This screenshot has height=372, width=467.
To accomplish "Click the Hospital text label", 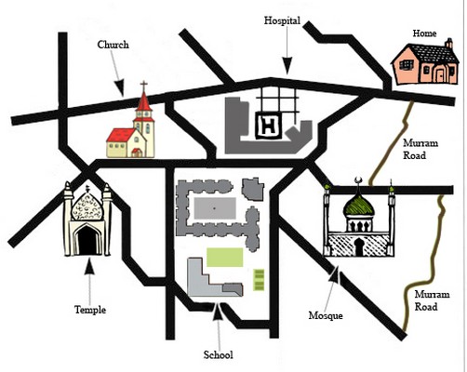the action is point(282,20).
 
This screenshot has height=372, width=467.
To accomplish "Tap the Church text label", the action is point(113,45).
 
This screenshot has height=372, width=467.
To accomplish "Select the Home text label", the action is point(424,33).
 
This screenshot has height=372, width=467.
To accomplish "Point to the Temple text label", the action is point(90,310).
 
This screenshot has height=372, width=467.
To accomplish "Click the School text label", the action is point(218,354).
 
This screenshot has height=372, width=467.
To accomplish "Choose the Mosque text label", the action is point(326,315).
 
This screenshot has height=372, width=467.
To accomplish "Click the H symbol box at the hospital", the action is point(269,126).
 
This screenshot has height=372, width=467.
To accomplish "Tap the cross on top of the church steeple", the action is point(143,86).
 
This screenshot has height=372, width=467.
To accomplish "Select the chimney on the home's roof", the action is point(448,43).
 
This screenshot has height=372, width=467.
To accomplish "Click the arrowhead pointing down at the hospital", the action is point(287,66).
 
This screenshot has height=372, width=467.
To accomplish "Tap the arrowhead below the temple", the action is point(89,266).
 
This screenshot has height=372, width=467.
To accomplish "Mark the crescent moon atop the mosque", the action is point(358,179).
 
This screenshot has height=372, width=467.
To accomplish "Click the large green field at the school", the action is point(224,257).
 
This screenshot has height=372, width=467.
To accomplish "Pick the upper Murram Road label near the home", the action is point(420,149).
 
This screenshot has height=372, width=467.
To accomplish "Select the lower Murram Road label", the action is point(432,300).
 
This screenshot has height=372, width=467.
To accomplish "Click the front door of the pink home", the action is point(440,74).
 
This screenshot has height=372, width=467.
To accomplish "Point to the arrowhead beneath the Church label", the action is point(119,87).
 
